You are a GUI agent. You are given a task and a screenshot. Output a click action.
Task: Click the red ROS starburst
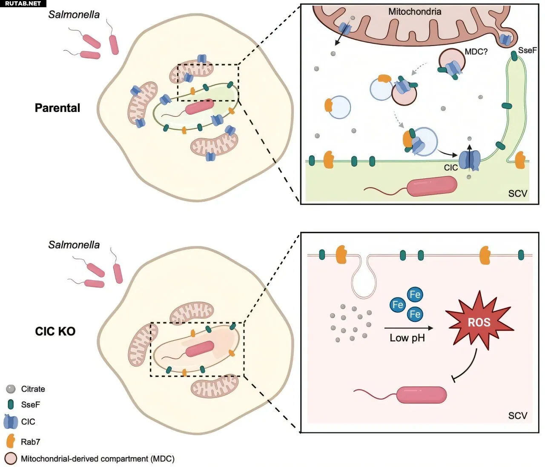click(479, 322)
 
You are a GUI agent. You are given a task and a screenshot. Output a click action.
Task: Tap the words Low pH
click(407, 338)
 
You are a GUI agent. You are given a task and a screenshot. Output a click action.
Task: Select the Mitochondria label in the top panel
click(414, 11)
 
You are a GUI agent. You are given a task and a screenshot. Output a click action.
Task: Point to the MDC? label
click(476, 52)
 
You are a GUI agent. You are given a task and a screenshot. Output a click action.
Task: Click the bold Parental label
click(57, 108)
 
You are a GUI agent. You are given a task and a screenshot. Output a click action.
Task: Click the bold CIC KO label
click(55, 331)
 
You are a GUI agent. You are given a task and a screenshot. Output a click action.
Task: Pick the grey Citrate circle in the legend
click(11, 389)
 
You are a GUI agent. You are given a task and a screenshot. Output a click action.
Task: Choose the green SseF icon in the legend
click(11, 404)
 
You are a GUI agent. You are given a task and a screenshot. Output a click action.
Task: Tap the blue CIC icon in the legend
click(10, 421)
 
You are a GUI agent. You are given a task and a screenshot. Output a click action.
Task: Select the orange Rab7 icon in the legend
click(11, 441)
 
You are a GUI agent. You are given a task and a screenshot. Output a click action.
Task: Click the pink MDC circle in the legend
click(11, 458)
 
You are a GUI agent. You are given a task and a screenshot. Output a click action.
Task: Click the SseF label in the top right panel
click(527, 50)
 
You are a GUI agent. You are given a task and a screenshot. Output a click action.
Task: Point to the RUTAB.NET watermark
click(23, 3)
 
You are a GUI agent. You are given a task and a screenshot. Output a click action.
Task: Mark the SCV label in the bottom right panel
click(517, 415)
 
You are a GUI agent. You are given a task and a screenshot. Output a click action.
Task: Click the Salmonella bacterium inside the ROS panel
click(422, 395)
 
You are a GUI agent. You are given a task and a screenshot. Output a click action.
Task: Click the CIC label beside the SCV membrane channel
click(450, 168)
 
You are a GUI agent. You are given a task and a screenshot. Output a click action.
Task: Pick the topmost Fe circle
click(415, 295)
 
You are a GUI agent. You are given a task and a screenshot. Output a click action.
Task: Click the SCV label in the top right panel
click(517, 193)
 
